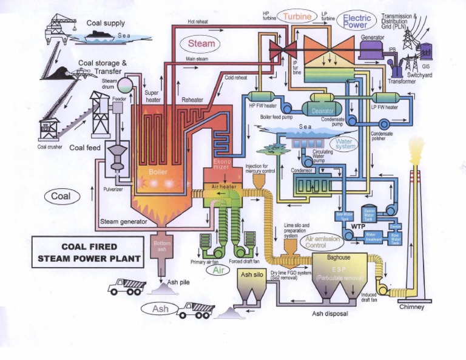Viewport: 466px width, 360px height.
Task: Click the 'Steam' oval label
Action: pyautogui.click(x=201, y=44)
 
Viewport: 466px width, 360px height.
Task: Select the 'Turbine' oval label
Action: pyautogui.click(x=297, y=15)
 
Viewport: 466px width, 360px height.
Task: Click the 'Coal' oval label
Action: pyautogui.click(x=61, y=196)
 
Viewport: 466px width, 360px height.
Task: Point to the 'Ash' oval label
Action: pyautogui.click(x=160, y=309)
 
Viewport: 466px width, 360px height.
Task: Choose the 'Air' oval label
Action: pyautogui.click(x=218, y=271)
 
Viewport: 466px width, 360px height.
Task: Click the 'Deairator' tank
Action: pyautogui.click(x=322, y=111)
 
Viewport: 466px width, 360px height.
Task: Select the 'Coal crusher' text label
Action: pyautogui.click(x=50, y=146)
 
